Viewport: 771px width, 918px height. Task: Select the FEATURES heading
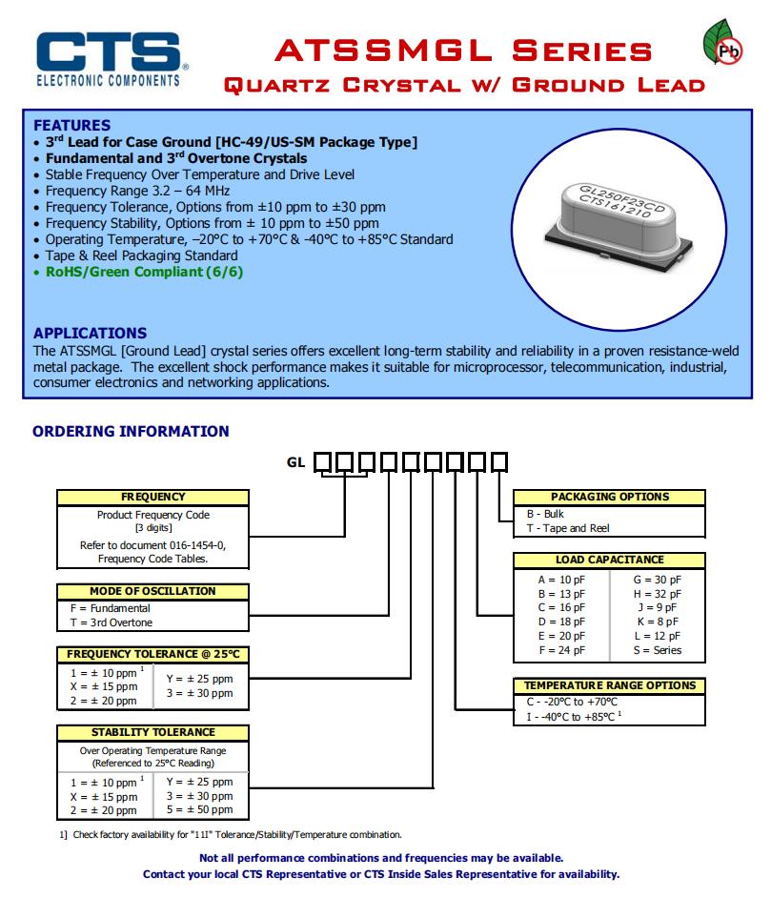[x=71, y=125]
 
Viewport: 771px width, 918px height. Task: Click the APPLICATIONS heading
[x=90, y=333]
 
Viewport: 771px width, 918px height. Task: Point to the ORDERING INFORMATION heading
[x=131, y=431]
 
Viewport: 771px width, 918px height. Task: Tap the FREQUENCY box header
[x=152, y=497]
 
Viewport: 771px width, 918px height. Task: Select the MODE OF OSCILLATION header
[x=152, y=591]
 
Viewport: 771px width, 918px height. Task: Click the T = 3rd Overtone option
[x=111, y=622]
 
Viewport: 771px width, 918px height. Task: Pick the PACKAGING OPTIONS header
[x=609, y=497]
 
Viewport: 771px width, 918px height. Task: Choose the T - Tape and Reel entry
[x=568, y=528]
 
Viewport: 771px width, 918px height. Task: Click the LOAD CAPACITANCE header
[x=609, y=560]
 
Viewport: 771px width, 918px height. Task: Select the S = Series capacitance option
[x=658, y=650]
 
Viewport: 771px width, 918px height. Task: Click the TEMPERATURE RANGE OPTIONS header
[x=609, y=685]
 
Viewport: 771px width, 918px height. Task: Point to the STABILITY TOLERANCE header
[x=152, y=732]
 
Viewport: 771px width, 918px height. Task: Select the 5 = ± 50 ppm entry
[x=198, y=809]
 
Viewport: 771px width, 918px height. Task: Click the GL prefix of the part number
[x=297, y=462]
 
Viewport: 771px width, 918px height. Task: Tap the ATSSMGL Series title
[x=464, y=51]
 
